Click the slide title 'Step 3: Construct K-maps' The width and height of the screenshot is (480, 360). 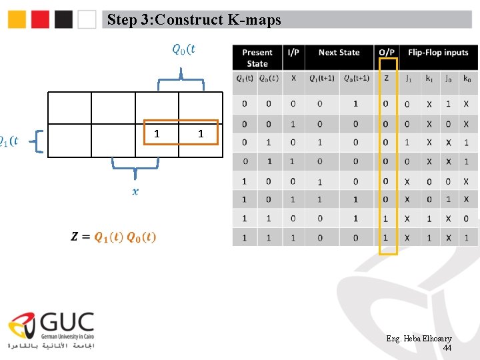tap(194, 20)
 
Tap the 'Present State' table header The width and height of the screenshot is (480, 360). tap(257, 58)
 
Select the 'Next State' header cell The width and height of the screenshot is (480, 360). tap(339, 53)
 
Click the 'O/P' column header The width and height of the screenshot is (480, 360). tap(387, 53)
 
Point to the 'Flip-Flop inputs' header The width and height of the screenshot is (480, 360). tap(438, 53)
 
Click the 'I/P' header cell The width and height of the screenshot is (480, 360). tap(293, 53)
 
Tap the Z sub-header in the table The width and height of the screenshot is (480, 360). tap(386, 78)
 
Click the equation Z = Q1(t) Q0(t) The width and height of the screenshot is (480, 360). tap(114, 237)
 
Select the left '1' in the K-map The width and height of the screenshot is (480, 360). tap(157, 133)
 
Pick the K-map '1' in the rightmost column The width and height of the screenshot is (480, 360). tap(200, 134)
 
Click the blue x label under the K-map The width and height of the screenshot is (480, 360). tap(135, 191)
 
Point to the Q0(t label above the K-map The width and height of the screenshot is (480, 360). tap(183, 49)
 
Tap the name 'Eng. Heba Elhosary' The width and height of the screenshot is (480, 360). tap(419, 339)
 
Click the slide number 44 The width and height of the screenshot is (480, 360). tap(447, 348)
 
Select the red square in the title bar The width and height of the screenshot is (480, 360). tap(41, 19)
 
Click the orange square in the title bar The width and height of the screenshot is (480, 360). tap(17, 19)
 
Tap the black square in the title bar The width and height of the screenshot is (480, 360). tap(64, 19)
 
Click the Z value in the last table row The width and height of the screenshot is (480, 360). tap(386, 238)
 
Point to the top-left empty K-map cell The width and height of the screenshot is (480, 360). tap(69, 107)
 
